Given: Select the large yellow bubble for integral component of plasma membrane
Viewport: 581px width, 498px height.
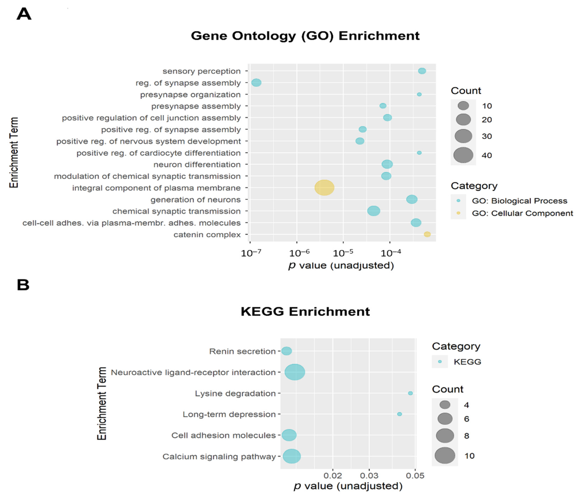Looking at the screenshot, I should point(324,188).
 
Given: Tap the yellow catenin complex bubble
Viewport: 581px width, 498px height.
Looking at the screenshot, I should point(427,234).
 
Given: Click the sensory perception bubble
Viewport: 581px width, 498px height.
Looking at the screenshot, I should point(422,71).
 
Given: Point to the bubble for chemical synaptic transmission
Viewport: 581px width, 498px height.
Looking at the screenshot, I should point(374,211).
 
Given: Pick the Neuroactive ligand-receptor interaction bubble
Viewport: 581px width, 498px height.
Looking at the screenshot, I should point(295,372).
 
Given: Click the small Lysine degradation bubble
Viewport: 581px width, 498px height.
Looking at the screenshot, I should point(410,393).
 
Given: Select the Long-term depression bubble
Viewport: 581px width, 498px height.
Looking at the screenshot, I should point(400,414).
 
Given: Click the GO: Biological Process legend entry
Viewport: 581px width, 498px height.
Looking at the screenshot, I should point(519,201).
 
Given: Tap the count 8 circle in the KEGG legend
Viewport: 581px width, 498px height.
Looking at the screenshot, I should point(445,436).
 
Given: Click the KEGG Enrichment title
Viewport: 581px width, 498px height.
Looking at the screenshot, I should point(305,312).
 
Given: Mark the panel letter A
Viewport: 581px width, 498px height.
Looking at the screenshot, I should point(24,14).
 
